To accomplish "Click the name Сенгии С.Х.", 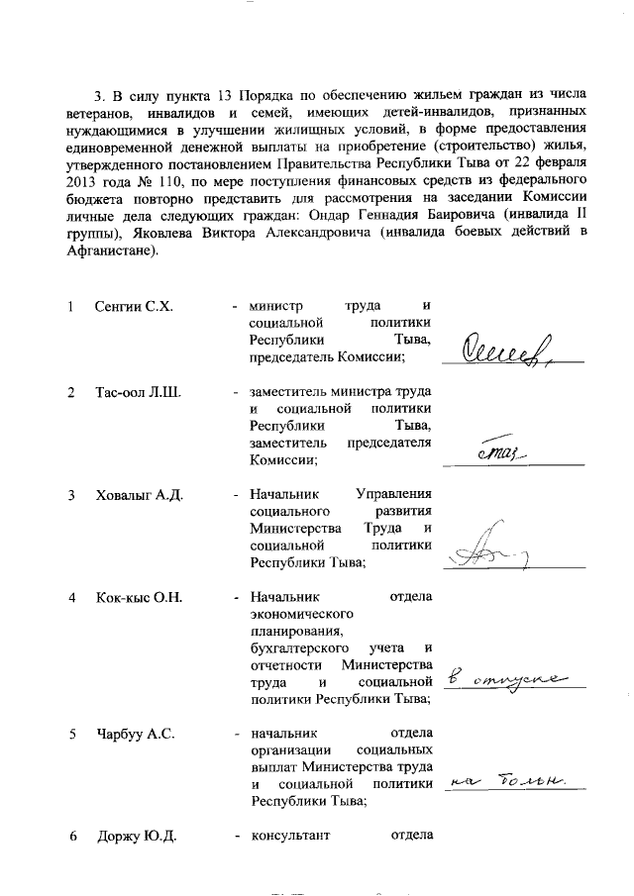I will (x=134, y=306).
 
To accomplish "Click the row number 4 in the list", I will (x=71, y=598).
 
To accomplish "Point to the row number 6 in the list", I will (x=71, y=838).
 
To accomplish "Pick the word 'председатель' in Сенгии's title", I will (x=293, y=358).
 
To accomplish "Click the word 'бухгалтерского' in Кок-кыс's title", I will (x=299, y=647).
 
